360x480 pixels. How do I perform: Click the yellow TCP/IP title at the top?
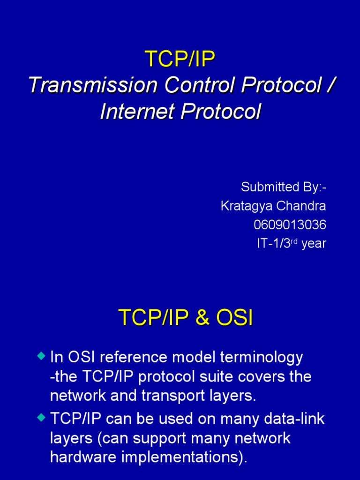click(180, 60)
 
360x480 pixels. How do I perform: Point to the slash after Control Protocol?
click(331, 86)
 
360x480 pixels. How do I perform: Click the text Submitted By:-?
click(283, 187)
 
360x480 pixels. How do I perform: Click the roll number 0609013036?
click(290, 225)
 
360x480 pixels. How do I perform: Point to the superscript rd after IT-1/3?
click(294, 241)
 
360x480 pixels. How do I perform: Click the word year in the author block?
click(314, 244)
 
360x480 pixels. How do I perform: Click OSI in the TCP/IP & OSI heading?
click(234, 318)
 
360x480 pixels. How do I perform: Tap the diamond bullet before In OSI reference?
click(41, 356)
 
